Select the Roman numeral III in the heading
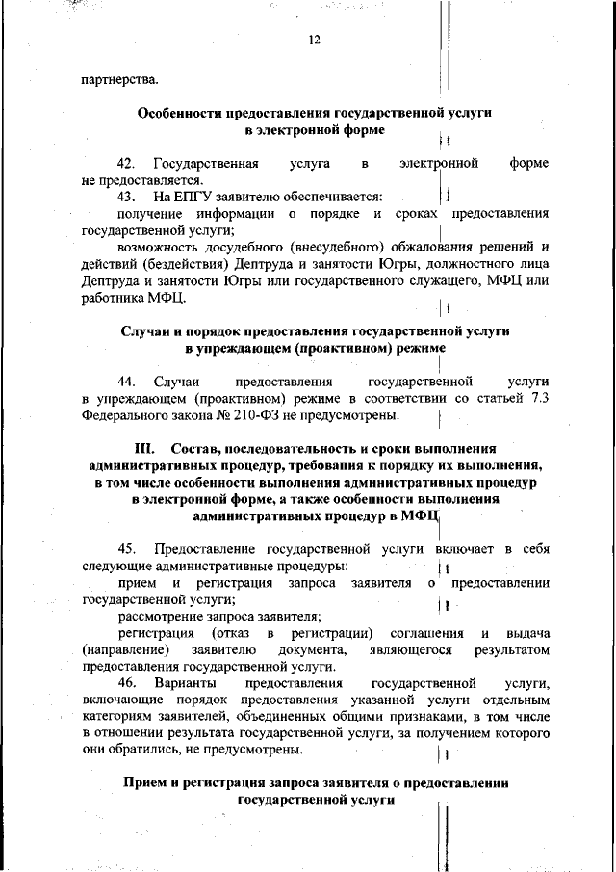(143, 449)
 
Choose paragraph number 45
(127, 549)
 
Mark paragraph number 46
(127, 683)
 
